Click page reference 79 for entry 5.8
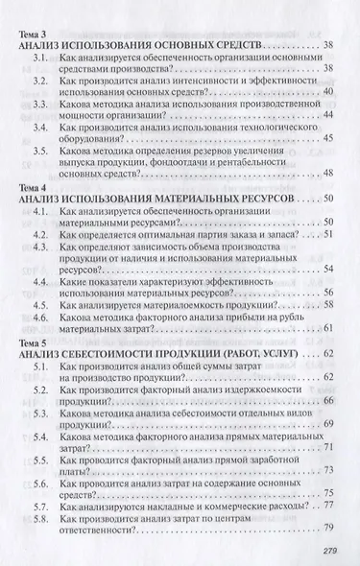(x=329, y=526)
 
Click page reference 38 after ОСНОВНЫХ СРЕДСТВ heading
(x=329, y=46)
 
